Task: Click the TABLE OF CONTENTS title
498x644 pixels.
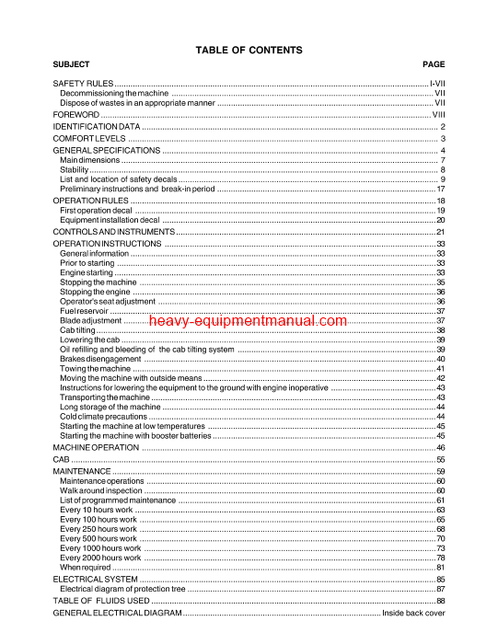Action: [249, 50]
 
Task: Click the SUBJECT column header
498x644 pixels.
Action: [72, 64]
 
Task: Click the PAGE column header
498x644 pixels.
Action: [433, 64]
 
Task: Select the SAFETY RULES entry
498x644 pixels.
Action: [84, 84]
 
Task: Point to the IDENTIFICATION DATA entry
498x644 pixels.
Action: [97, 126]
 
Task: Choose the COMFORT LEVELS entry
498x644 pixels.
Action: [89, 138]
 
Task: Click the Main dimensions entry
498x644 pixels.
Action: [89, 160]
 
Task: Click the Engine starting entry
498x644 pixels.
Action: [87, 273]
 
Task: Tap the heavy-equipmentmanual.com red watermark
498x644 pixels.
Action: [247, 321]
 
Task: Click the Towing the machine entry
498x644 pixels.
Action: [95, 369]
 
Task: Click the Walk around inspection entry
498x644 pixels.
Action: [100, 490]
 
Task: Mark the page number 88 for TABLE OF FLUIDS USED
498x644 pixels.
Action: [441, 600]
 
